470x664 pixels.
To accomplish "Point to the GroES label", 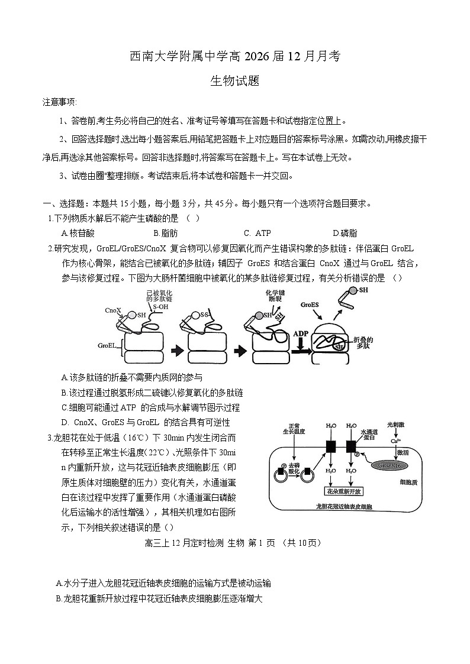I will pyautogui.click(x=309, y=305).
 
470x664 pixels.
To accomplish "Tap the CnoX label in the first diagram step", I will pyautogui.click(x=113, y=310).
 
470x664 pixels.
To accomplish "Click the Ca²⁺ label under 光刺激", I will pyautogui.click(x=395, y=440).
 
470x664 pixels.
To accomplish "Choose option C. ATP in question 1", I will pyautogui.click(x=257, y=234).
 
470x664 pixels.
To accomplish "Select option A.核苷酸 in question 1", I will pyautogui.click(x=78, y=234).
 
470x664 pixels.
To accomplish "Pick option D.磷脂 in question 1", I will pyautogui.click(x=345, y=234).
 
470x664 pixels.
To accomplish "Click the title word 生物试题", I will pyautogui.click(x=234, y=82).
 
